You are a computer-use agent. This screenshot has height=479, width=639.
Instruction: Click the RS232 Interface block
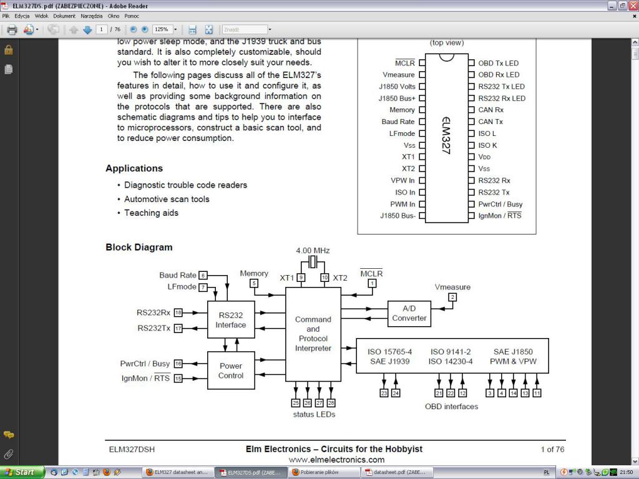[231, 319]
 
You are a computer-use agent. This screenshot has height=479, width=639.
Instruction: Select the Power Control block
[231, 370]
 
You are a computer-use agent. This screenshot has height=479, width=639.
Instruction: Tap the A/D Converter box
[409, 313]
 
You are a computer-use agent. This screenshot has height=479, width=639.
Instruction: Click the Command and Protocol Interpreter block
[313, 334]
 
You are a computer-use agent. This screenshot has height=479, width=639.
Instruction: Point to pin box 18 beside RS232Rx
[178, 312]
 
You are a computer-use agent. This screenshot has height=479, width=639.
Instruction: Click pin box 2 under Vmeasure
[452, 297]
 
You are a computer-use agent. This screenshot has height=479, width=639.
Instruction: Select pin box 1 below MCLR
[372, 283]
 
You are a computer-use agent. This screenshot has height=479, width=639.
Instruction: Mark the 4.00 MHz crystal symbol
[313, 261]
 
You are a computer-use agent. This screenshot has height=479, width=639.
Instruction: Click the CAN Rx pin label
[490, 110]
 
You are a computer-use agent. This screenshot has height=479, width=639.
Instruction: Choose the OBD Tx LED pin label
[498, 63]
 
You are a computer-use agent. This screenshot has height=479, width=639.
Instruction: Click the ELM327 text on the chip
[446, 134]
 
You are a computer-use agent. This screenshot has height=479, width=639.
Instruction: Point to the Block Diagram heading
[139, 247]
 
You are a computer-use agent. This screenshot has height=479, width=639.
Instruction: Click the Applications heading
[134, 168]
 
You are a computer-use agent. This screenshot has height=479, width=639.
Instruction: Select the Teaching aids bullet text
[151, 213]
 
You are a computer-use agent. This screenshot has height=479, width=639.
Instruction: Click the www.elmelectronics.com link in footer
[336, 460]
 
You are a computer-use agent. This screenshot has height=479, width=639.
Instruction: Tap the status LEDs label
[314, 414]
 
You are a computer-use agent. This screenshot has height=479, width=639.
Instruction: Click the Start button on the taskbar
[22, 472]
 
